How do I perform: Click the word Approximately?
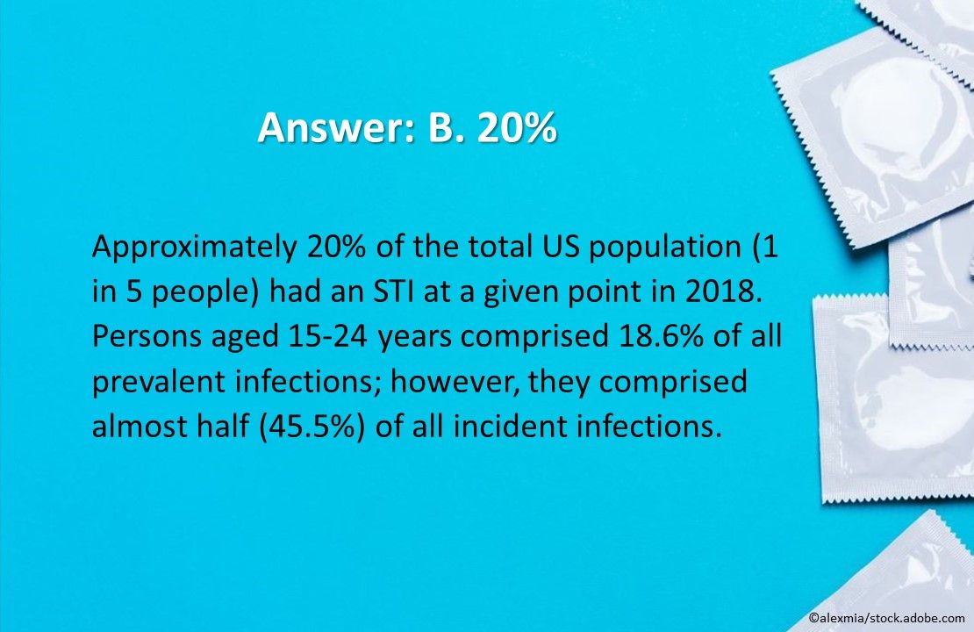pos(194,248)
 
